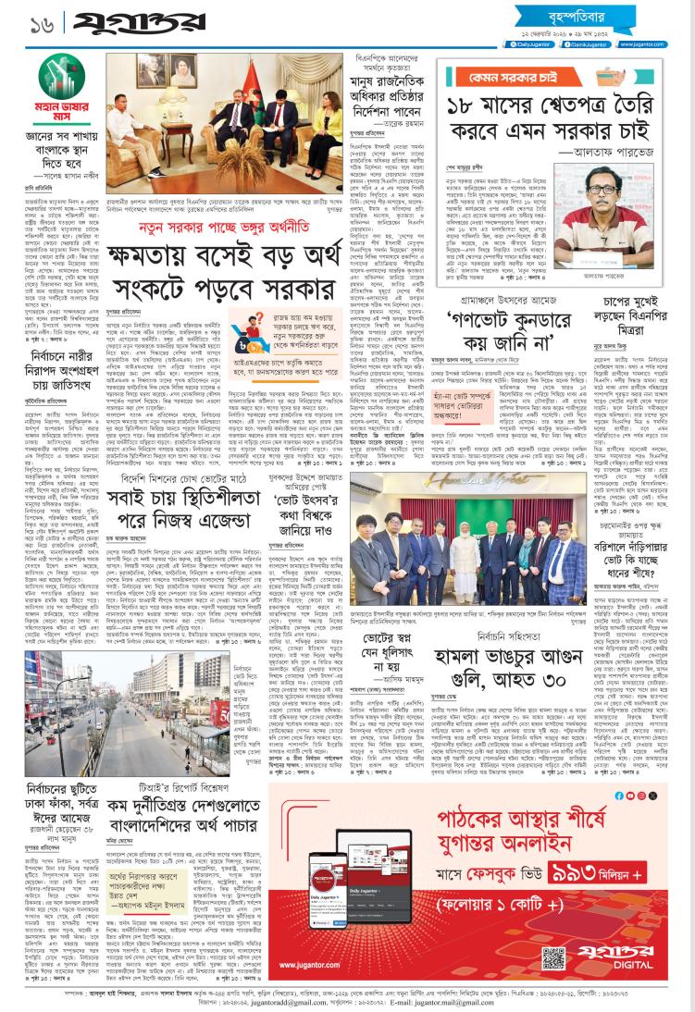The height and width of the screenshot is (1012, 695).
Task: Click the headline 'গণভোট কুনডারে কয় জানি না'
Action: [x=516, y=307]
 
